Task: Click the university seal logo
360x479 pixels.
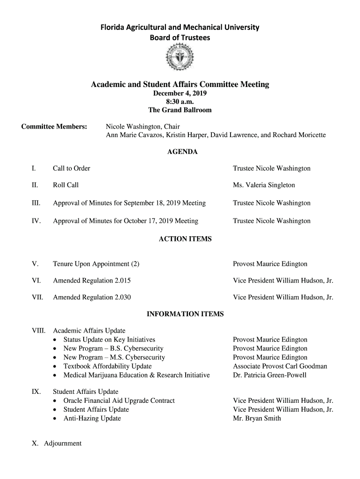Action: point(180,59)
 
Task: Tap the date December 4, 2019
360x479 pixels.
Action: point(180,93)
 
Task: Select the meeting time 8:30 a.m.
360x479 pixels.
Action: point(180,102)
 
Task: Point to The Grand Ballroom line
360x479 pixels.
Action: point(180,110)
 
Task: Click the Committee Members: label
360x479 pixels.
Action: point(54,127)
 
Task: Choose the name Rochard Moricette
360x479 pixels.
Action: point(299,135)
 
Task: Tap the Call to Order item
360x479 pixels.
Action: point(72,168)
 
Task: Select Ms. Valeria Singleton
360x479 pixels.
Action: point(264,185)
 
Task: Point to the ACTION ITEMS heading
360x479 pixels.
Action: point(185,239)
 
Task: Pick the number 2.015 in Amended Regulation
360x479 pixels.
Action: point(122,281)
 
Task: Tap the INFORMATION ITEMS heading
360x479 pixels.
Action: point(185,314)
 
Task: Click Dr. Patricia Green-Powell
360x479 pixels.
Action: point(270,375)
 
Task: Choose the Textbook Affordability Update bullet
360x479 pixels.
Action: point(108,366)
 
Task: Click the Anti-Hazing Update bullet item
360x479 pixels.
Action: point(92,419)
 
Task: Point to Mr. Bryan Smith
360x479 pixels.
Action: point(257,419)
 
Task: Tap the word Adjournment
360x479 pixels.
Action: point(63,443)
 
